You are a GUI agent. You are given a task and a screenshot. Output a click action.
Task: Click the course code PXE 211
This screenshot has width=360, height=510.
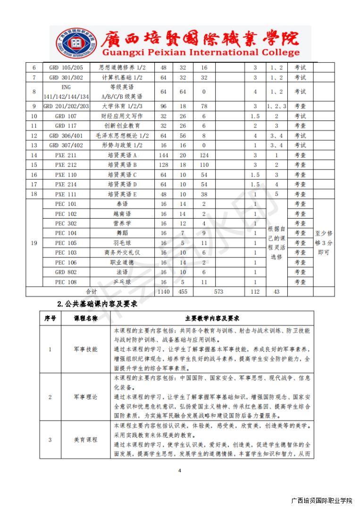click(x=66, y=155)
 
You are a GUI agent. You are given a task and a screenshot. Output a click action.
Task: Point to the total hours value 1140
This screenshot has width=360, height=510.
click(x=164, y=292)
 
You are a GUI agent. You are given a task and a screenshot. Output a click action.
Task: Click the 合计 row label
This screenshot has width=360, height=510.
click(x=91, y=292)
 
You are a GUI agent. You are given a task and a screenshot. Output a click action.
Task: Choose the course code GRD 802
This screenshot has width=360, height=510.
click(x=66, y=272)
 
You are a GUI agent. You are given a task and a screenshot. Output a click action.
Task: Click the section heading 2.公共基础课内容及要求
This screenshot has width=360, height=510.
click(x=97, y=305)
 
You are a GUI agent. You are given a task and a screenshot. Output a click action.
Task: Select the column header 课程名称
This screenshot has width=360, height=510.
click(x=86, y=318)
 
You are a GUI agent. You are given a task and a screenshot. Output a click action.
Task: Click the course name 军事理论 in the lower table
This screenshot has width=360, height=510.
click(x=86, y=397)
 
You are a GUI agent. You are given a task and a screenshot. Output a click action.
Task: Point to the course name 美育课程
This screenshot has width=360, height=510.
click(x=86, y=440)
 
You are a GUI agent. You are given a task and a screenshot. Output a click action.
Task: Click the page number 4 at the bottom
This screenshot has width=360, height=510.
click(x=180, y=470)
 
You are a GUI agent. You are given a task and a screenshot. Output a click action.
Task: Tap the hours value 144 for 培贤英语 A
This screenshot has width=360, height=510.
click(x=164, y=155)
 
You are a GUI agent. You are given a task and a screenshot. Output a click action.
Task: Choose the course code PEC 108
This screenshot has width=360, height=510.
click(x=66, y=282)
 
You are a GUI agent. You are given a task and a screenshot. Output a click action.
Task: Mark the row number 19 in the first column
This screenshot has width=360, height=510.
click(x=33, y=243)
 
